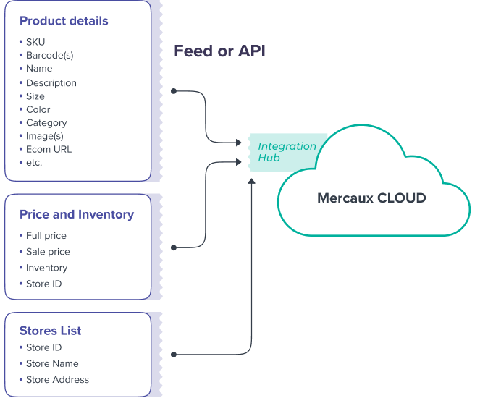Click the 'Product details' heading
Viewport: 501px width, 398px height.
coord(64,21)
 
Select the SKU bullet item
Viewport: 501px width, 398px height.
coord(35,42)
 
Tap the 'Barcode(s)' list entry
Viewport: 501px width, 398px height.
coord(49,55)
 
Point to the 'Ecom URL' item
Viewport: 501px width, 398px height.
coord(49,149)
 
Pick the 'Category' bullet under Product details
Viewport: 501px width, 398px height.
coord(46,123)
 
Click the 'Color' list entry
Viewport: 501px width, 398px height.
coord(38,109)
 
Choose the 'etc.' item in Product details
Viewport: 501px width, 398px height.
coord(34,162)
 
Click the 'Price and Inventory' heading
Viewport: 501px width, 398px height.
coord(77,215)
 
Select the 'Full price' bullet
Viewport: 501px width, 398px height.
coord(46,236)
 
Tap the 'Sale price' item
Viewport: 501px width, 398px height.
coord(48,252)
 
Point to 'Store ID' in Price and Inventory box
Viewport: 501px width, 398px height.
coord(43,284)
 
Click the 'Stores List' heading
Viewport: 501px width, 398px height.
coord(50,331)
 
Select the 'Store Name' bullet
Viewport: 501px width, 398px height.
coord(52,363)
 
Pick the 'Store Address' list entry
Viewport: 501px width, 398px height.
coord(57,379)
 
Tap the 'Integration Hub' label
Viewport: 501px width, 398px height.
coord(287,151)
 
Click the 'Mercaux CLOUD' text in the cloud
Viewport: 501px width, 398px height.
coord(371,198)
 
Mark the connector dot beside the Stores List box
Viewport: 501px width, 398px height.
coord(174,355)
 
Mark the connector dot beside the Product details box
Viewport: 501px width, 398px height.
coord(174,91)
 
